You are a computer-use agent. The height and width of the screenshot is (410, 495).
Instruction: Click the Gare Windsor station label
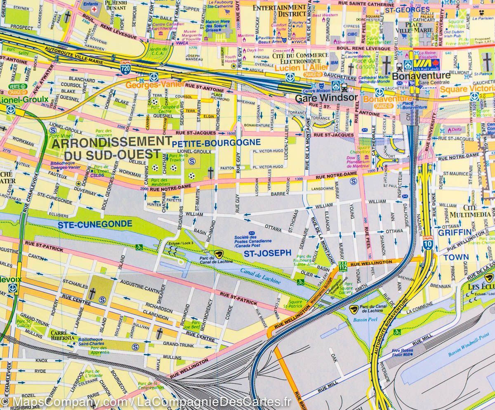[x=326, y=98]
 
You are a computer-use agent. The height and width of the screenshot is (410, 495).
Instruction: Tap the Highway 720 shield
[x=125, y=68]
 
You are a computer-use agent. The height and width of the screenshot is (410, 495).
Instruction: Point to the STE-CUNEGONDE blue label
[x=95, y=225]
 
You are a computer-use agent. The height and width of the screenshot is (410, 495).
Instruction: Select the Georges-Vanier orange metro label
[x=149, y=85]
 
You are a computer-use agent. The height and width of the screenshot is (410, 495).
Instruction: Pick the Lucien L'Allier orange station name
[x=296, y=67]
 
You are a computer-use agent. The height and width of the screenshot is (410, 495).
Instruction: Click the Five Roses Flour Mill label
[x=402, y=352]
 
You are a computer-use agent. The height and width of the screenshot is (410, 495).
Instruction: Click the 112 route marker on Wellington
[x=342, y=267]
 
